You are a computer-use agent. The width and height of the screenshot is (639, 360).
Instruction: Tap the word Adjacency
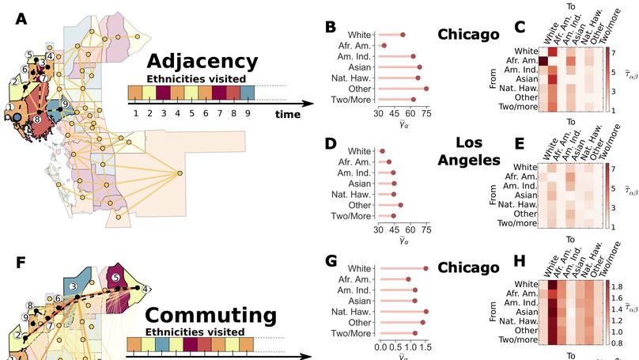(202, 61)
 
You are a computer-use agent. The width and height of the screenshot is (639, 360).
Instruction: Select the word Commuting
(210, 315)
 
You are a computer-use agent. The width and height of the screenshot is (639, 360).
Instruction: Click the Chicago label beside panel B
(468, 34)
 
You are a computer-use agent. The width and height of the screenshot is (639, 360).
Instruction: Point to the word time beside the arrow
(288, 115)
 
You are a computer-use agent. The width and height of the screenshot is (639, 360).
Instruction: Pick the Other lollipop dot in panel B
(426, 89)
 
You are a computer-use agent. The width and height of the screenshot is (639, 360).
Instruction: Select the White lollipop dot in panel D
(382, 151)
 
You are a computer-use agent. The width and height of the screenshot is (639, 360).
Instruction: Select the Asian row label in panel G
(359, 301)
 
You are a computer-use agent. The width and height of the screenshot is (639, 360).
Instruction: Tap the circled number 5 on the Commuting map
(115, 278)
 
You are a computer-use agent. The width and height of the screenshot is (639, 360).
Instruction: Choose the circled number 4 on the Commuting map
(146, 290)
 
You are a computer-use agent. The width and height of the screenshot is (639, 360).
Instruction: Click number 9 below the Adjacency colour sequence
(248, 114)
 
